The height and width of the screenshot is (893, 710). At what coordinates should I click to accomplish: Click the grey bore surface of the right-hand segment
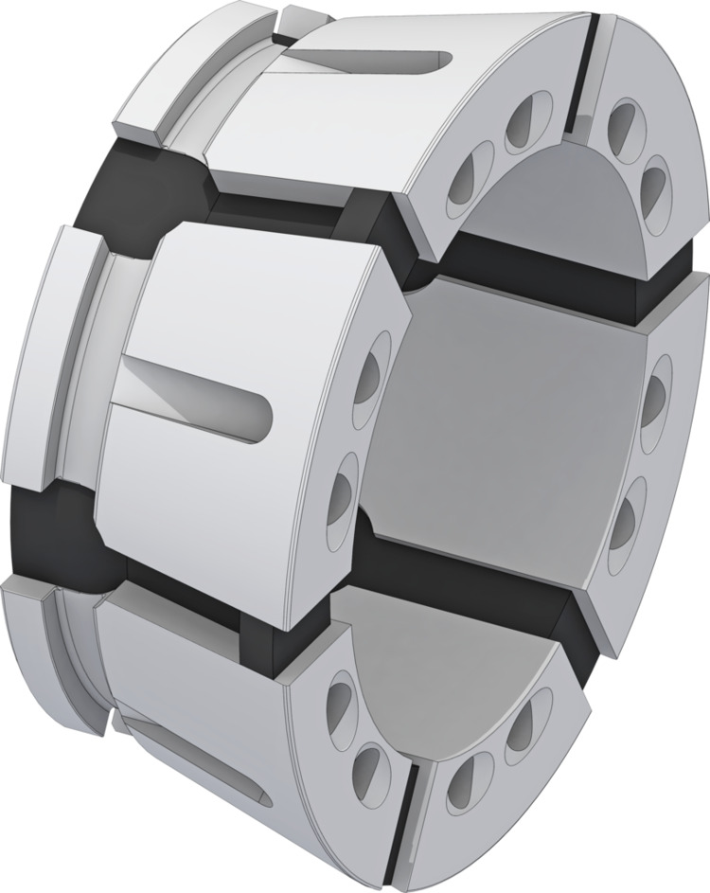[x=511, y=417]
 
